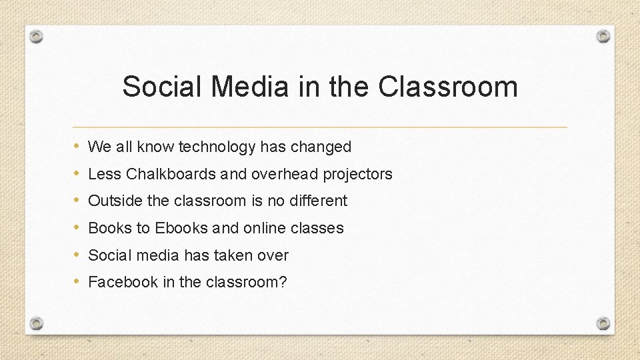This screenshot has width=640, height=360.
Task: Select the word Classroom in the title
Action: (x=447, y=87)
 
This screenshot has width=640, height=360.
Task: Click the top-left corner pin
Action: (x=37, y=36)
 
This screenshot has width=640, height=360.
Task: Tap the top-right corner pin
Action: (x=603, y=36)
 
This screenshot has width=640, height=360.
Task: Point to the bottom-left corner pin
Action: (x=37, y=323)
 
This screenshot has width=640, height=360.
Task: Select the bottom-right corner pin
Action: (x=603, y=323)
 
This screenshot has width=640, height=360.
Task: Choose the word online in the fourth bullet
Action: (x=265, y=228)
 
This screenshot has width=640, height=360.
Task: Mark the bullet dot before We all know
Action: (x=77, y=146)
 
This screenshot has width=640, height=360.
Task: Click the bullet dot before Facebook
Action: (x=77, y=281)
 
